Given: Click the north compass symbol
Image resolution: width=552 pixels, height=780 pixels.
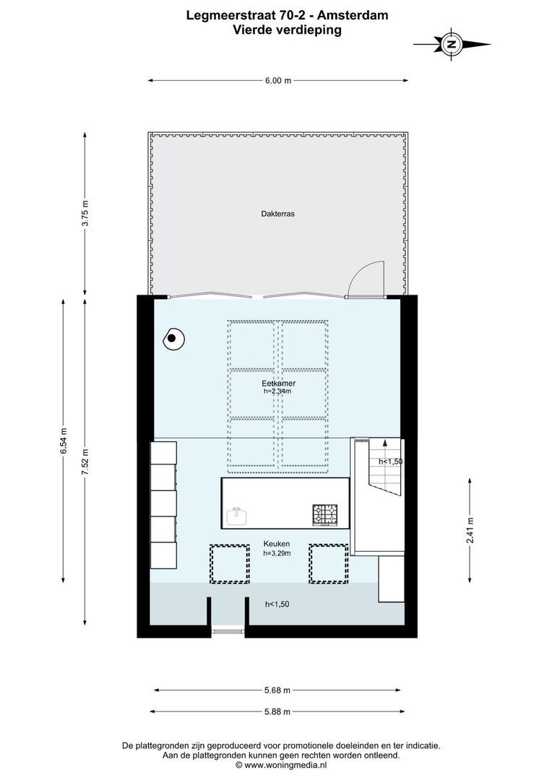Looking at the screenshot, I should tap(452, 44).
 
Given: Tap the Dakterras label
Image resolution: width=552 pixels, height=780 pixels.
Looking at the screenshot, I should tap(278, 214).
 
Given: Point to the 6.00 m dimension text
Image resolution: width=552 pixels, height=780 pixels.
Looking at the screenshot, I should tap(278, 81).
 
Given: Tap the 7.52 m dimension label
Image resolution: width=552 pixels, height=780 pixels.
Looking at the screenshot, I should tap(85, 461).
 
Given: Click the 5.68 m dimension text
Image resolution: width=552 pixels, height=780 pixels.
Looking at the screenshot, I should tap(278, 690).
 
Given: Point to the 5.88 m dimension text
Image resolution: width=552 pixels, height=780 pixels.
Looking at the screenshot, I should tap(278, 711).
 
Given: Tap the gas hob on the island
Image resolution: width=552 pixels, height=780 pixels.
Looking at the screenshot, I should tap(325, 514).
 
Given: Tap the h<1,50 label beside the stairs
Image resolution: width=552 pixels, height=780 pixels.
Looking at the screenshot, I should tap(390, 461).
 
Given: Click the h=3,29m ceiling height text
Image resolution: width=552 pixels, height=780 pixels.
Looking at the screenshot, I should tap(277, 553).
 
